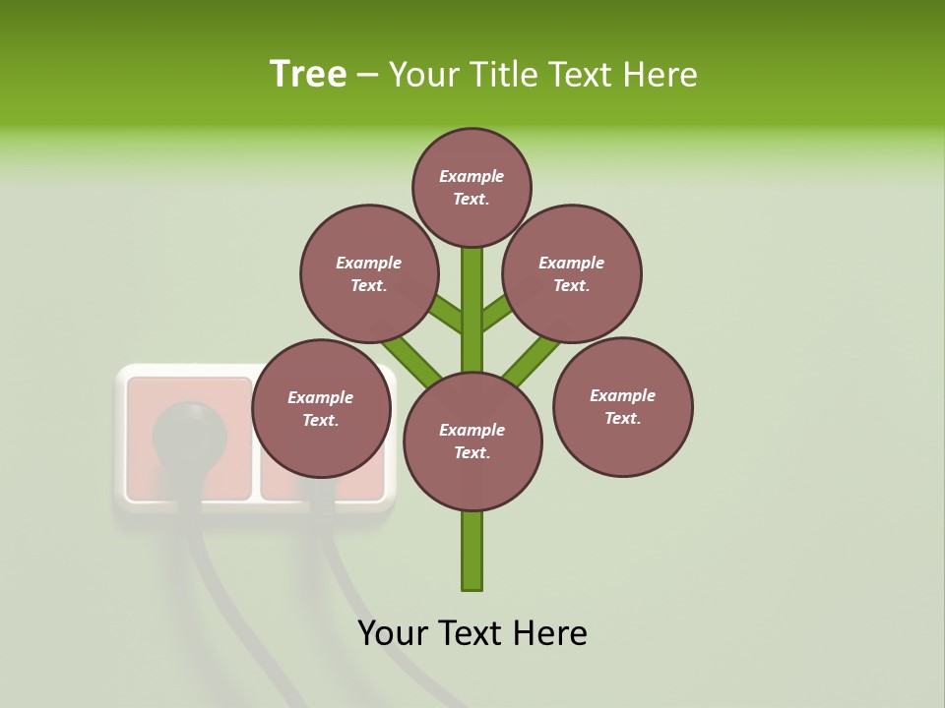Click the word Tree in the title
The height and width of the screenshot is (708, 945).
(x=308, y=75)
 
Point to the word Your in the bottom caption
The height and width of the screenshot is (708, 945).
(x=395, y=633)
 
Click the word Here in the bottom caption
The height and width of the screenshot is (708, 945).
(x=550, y=633)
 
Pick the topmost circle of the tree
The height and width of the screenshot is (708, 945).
(x=472, y=187)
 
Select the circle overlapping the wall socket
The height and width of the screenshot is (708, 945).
(x=321, y=408)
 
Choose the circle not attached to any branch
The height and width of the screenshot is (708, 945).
(x=622, y=406)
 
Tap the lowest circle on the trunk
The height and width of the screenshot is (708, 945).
(x=472, y=441)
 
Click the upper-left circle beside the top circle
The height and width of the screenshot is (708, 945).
(x=368, y=273)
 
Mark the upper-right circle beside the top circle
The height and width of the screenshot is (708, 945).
(x=571, y=273)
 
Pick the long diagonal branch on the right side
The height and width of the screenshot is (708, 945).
(x=532, y=359)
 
